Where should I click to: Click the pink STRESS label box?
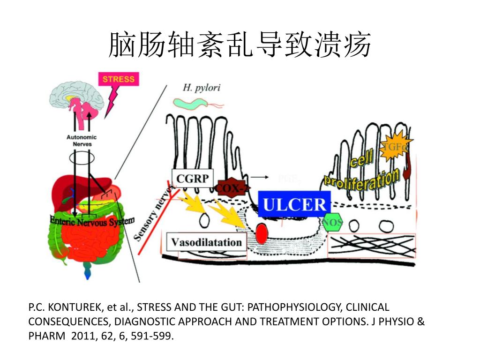tap(118, 79)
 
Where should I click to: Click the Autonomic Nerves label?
tap(82, 141)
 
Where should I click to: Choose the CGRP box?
tap(192, 178)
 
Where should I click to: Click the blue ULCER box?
tap(294, 205)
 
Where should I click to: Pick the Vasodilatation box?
tap(206, 242)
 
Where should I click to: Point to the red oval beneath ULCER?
tap(262, 232)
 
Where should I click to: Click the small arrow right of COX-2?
tap(260, 178)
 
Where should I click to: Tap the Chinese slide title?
tap(240, 45)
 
